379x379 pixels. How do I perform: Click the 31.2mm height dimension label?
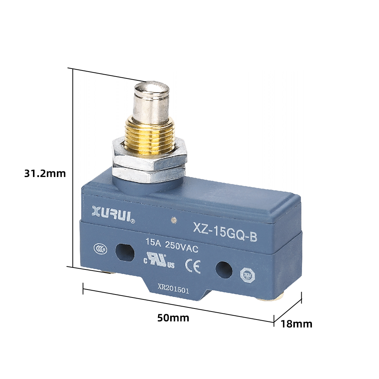(45, 174)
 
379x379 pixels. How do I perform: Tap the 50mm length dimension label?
(173, 318)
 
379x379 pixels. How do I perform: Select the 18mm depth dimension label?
(296, 324)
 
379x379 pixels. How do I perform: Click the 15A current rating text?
(153, 242)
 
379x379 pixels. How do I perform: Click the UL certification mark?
(159, 260)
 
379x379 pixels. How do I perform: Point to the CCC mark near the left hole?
(100, 249)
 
